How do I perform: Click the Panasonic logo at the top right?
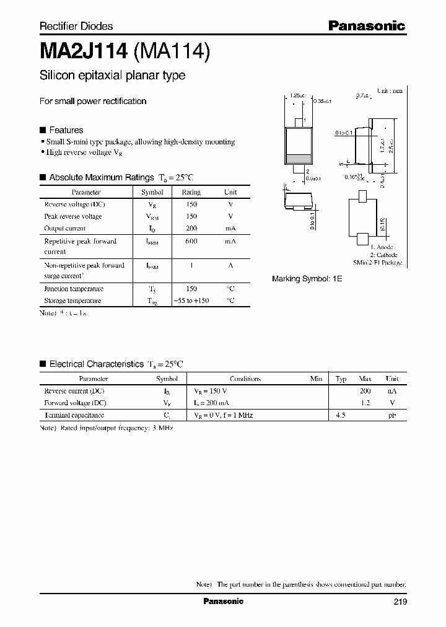point(366,25)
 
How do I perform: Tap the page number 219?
point(399,602)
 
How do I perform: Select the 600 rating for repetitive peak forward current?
point(191,241)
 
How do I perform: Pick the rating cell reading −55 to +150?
point(191,300)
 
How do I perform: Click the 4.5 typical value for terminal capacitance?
point(340,414)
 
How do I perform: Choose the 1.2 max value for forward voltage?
point(365,403)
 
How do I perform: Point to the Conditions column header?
point(245,379)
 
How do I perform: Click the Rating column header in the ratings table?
point(191,193)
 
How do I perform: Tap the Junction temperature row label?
point(74,289)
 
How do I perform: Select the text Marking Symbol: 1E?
point(307,279)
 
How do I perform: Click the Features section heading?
point(66,130)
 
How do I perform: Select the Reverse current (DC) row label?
point(74,391)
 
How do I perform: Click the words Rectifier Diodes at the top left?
point(76,26)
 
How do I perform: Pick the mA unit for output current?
point(230,229)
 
